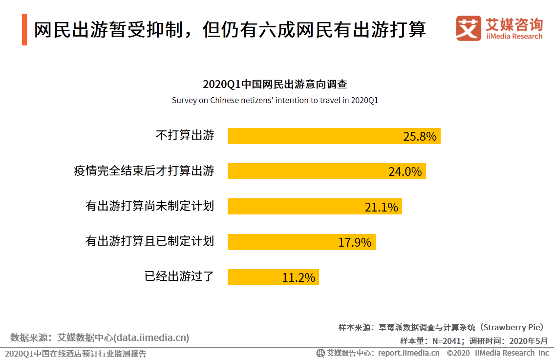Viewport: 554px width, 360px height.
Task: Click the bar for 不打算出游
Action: pos(334,136)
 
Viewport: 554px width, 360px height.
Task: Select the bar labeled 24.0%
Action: pos(326,171)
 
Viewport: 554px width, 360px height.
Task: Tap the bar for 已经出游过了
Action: pos(273,277)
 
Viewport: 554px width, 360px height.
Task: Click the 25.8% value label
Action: pos(420,136)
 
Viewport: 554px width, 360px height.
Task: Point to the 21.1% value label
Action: pos(381,207)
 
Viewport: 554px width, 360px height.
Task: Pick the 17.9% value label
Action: pos(355,242)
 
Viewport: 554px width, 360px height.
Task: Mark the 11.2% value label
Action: pos(298,277)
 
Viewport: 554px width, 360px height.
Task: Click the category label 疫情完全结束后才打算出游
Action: pos(144,170)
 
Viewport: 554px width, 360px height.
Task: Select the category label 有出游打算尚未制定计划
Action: pos(150,206)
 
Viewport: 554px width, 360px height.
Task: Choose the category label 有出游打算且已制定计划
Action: pos(150,241)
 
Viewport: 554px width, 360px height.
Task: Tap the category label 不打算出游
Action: pos(185,135)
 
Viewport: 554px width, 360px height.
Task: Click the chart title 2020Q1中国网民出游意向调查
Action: pos(275,84)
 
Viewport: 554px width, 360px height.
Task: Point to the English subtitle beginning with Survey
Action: pos(275,100)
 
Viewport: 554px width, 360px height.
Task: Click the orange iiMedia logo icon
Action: pos(469,28)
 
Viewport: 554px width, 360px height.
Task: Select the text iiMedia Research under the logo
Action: pos(514,36)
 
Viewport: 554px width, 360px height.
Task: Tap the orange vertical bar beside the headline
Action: pos(24,30)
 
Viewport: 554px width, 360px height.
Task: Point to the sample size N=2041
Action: pos(446,341)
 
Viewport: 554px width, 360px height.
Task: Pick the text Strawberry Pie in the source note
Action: pos(513,327)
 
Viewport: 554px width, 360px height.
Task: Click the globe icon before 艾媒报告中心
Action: pos(320,353)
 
